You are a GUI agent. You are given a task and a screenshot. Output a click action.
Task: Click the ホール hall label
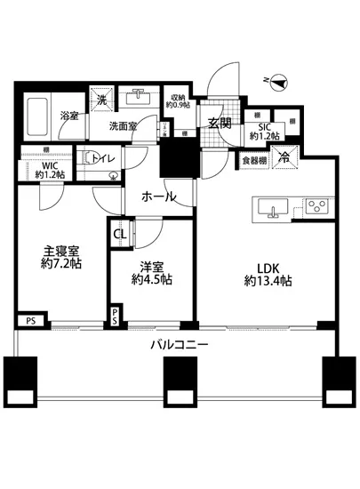pyautogui.click(x=158, y=196)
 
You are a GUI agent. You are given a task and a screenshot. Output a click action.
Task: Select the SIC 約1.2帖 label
pyautogui.click(x=264, y=131)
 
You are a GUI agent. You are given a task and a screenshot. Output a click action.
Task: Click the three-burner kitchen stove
pyautogui.click(x=316, y=206)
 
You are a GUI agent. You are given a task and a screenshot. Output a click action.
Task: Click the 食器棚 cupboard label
pyautogui.click(x=255, y=161)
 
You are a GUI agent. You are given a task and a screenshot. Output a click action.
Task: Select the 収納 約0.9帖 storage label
pyautogui.click(x=177, y=101)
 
